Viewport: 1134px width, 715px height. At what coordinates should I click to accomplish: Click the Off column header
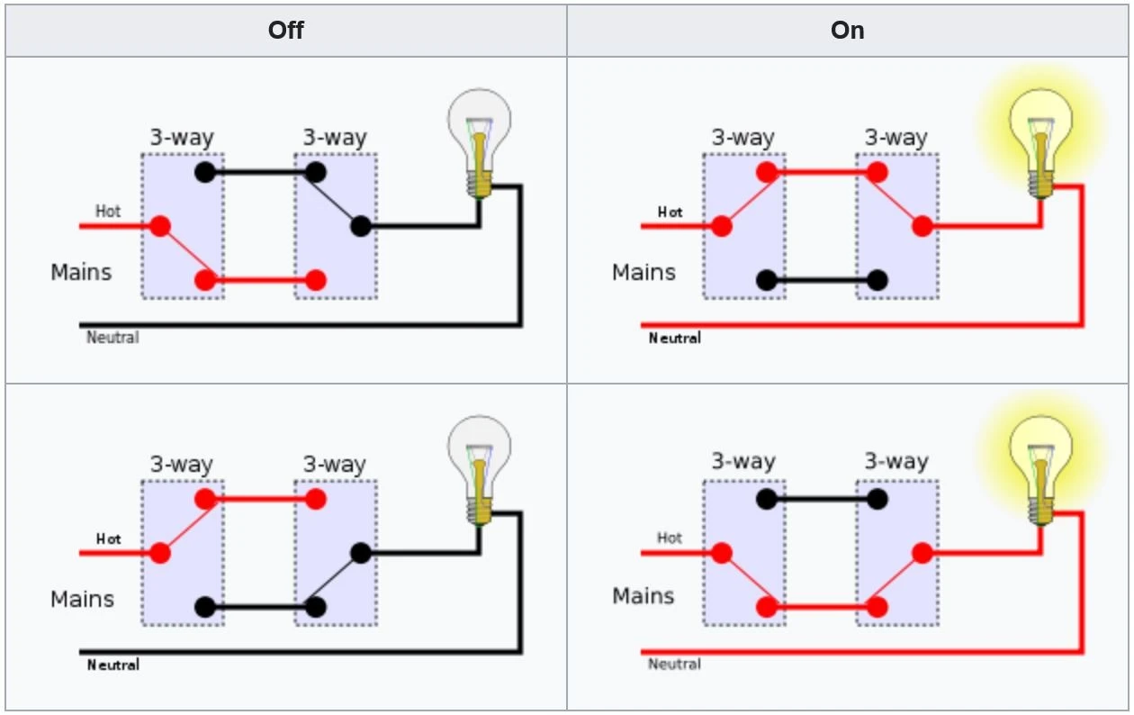[x=285, y=31]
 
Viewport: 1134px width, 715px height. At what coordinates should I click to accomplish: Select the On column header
[x=848, y=31]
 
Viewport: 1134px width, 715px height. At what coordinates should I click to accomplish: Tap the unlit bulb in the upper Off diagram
[x=480, y=143]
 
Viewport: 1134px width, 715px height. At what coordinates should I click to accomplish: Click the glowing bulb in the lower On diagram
[x=1040, y=470]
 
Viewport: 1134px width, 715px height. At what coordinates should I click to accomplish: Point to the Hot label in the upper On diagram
[x=670, y=213]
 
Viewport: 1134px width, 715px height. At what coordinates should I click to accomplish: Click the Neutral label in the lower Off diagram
[x=112, y=665]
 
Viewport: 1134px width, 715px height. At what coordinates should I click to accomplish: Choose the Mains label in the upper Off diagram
[x=81, y=272]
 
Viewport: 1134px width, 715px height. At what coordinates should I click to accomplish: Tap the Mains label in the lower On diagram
[x=643, y=596]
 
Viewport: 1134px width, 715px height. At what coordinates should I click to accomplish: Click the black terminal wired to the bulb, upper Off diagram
[x=360, y=226]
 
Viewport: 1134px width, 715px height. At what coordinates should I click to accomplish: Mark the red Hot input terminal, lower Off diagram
[x=160, y=553]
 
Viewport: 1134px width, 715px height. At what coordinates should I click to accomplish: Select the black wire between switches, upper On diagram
[x=822, y=280]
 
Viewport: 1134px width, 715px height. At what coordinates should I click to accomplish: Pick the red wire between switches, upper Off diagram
[x=260, y=280]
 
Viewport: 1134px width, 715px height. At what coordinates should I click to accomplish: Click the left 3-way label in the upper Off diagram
[x=182, y=137]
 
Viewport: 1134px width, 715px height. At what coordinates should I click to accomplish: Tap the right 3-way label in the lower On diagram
[x=896, y=461]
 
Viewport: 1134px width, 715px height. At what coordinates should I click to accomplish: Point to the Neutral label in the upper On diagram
[x=675, y=338]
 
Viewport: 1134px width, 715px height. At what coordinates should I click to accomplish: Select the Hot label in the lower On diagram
[x=670, y=538]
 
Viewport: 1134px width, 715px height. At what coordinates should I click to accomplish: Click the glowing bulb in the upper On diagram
[x=1040, y=143]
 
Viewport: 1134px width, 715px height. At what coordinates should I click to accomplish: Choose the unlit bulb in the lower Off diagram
[x=480, y=470]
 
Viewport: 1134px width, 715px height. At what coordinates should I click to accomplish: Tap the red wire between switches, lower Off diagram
[x=260, y=499]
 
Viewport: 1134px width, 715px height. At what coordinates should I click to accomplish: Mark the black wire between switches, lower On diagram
[x=822, y=499]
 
